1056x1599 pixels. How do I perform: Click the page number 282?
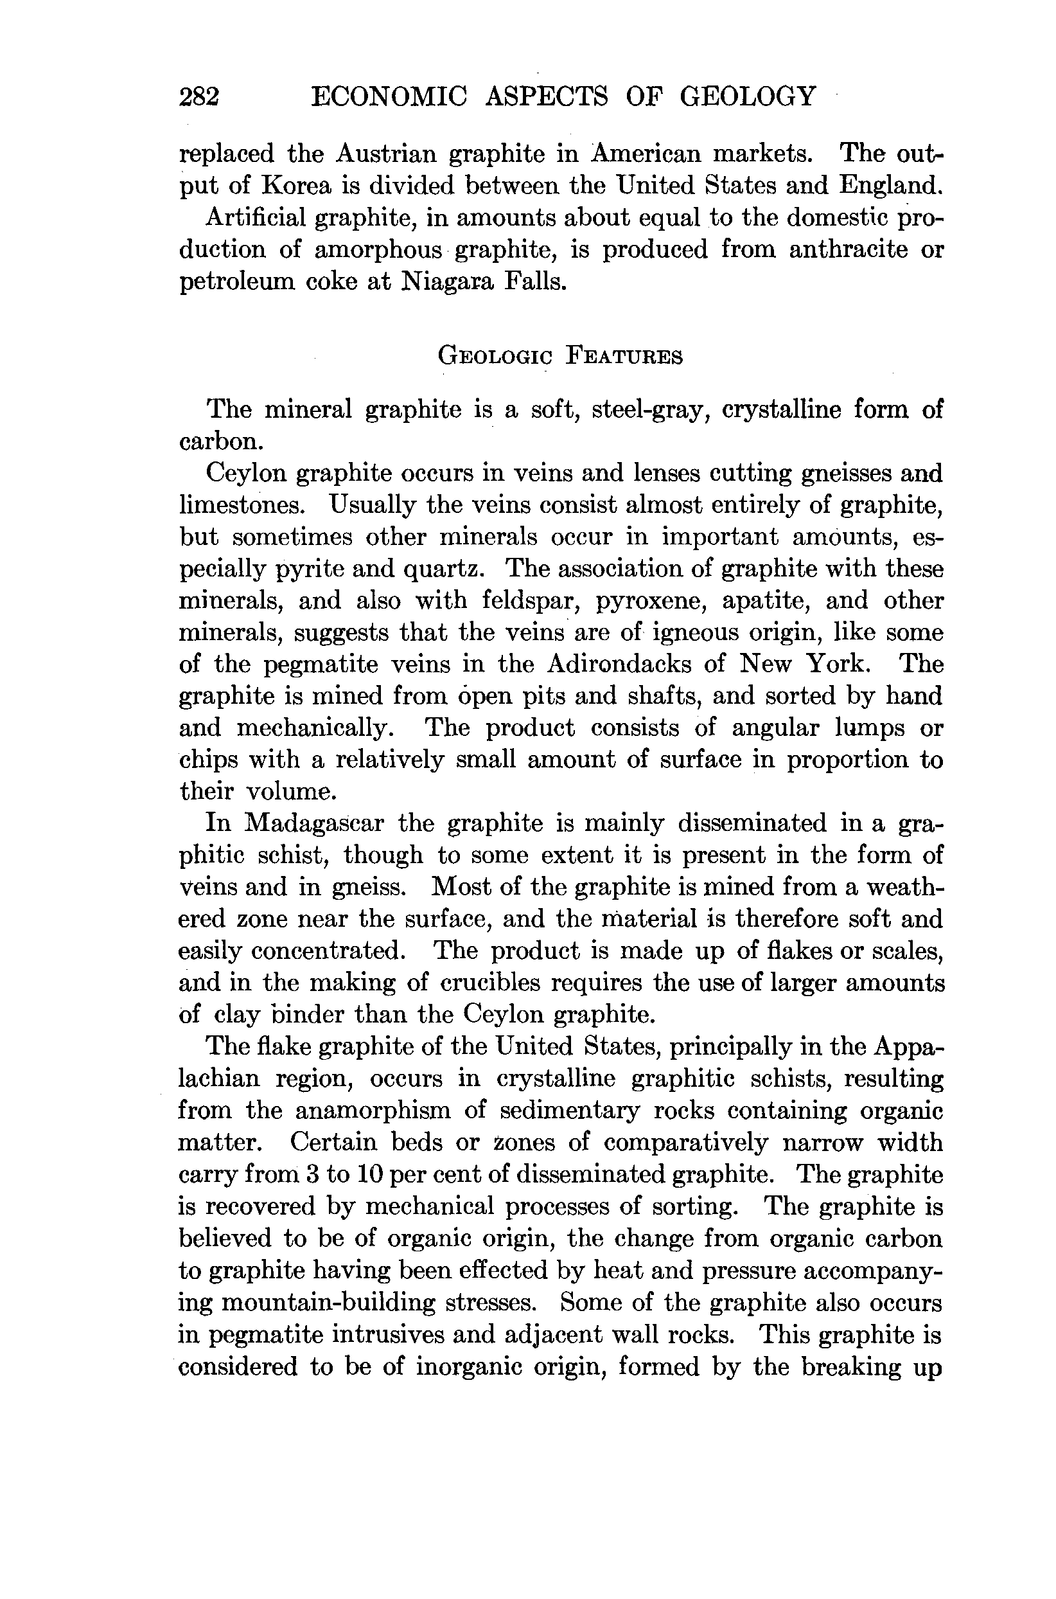199,97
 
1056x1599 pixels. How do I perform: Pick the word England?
890,186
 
